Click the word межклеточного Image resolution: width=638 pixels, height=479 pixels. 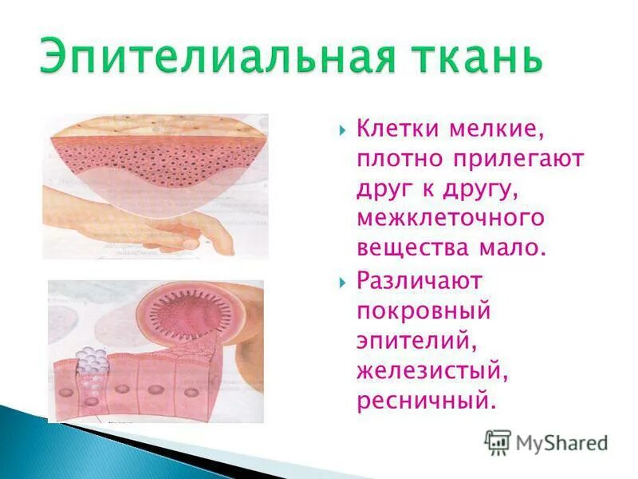(x=451, y=217)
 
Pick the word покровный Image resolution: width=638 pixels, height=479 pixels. (x=423, y=311)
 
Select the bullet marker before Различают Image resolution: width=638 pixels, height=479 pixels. (x=342, y=282)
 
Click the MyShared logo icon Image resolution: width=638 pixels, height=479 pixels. (x=498, y=442)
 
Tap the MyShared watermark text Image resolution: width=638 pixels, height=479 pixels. (x=562, y=443)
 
